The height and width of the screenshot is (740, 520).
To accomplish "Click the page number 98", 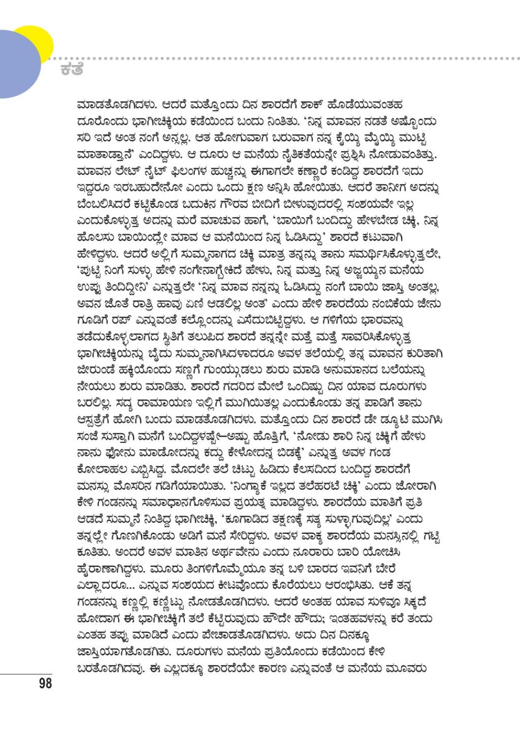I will click(x=45, y=683).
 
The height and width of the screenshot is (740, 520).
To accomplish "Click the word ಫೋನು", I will click(x=123, y=453).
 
